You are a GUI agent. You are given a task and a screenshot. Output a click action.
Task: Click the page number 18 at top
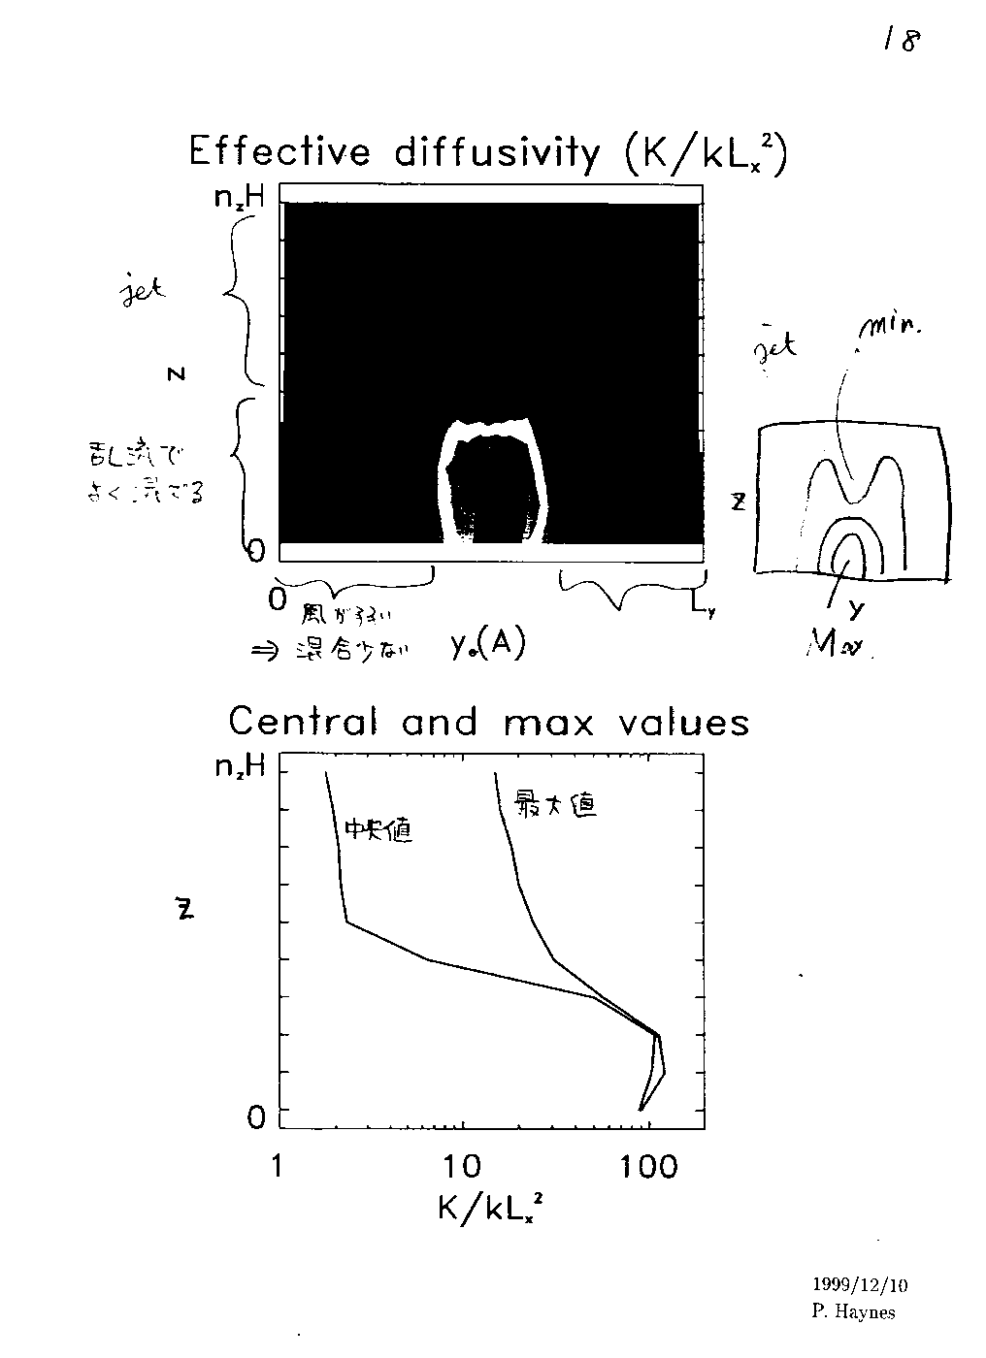tap(900, 40)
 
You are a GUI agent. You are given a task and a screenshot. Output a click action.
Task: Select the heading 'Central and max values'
tap(489, 722)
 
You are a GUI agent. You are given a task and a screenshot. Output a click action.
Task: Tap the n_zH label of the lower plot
tap(240, 768)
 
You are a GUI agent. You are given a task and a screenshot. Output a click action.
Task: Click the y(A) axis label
tap(487, 645)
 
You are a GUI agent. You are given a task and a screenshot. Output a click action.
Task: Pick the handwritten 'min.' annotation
tap(889, 336)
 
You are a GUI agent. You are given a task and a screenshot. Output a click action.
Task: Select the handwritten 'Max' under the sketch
tap(838, 645)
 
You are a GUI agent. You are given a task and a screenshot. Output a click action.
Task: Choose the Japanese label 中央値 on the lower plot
tap(378, 830)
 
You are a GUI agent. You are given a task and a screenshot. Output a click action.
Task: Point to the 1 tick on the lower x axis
tap(278, 1165)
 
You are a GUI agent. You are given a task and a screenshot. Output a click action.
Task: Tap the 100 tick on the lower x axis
tap(649, 1165)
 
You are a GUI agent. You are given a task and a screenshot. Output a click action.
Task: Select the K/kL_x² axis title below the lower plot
tap(490, 1207)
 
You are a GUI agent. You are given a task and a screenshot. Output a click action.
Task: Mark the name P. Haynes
tap(854, 1312)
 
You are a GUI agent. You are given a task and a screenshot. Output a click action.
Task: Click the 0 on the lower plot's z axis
tap(256, 1118)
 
